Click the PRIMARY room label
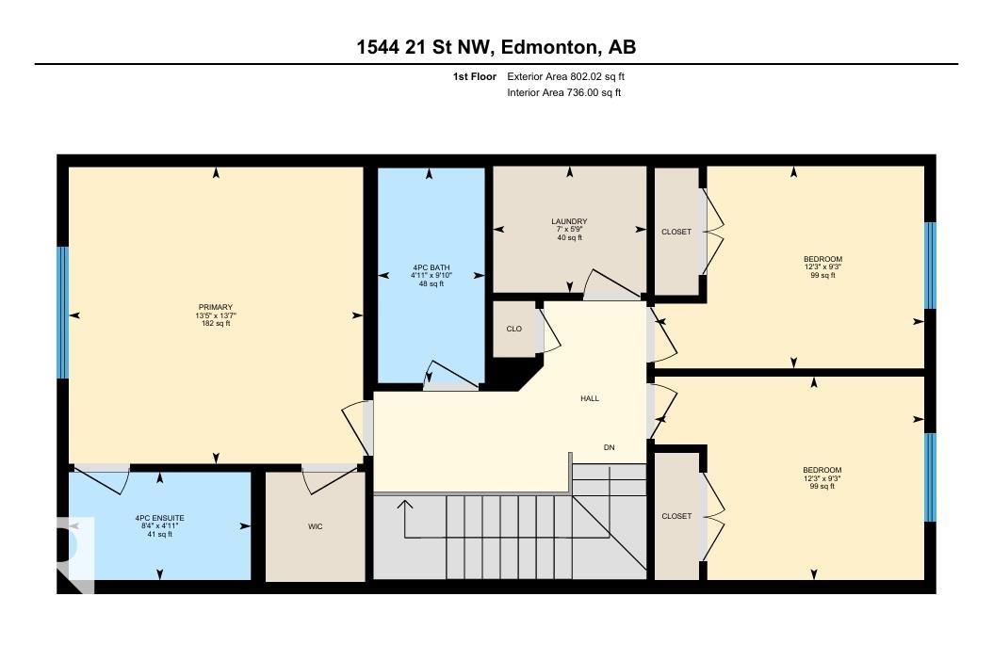[216, 307]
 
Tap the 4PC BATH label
[431, 267]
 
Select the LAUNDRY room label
[569, 221]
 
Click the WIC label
[316, 526]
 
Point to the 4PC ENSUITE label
[159, 518]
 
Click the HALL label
[590, 398]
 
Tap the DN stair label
[610, 447]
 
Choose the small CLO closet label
[514, 329]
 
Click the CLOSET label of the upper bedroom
[676, 232]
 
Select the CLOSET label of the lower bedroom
[676, 516]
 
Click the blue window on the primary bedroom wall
[63, 312]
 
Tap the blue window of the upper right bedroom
[930, 266]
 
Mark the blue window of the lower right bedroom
[930, 477]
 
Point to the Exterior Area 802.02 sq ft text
[565, 76]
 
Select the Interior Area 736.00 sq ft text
[563, 92]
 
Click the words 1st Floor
[474, 76]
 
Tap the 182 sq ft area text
[216, 324]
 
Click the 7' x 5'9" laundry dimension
[569, 230]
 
